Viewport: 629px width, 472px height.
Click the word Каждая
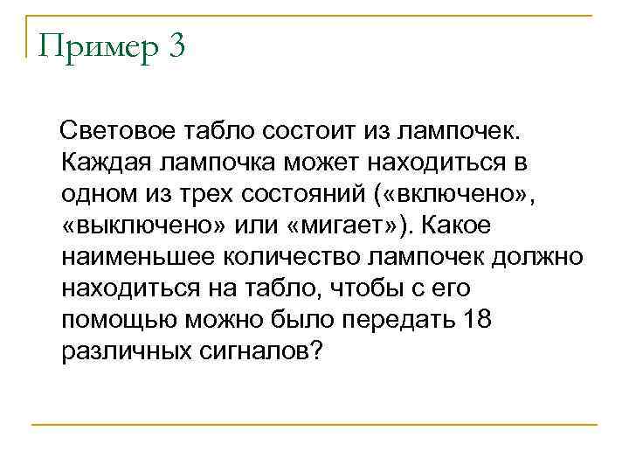(x=105, y=163)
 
